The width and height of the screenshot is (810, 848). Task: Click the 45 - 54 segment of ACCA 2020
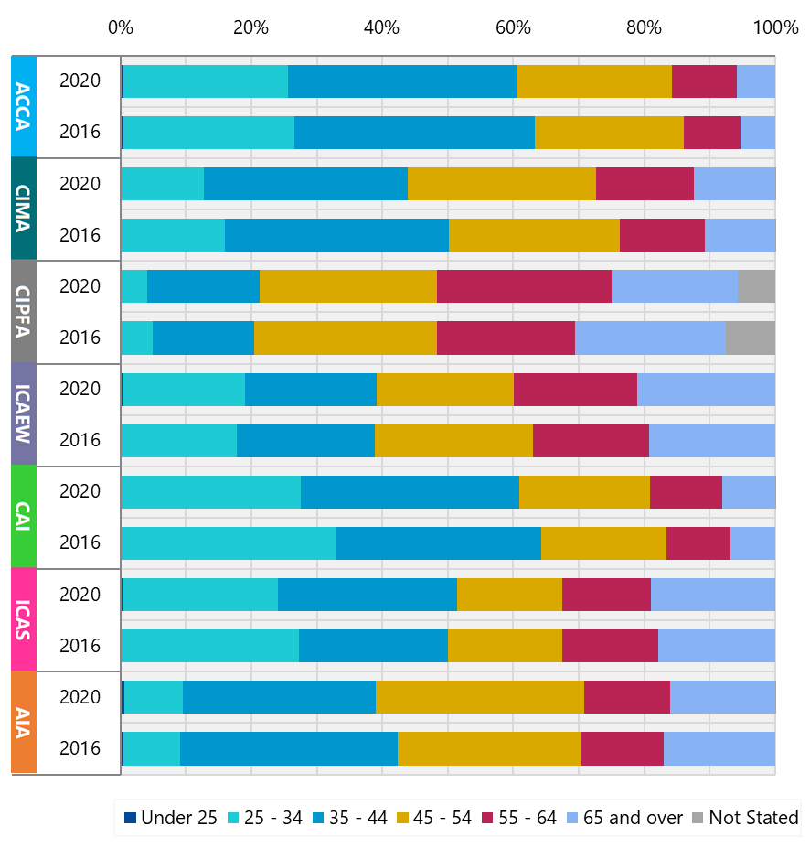point(594,81)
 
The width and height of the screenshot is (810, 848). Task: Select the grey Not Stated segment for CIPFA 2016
point(750,338)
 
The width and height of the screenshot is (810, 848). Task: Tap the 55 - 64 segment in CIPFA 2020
point(524,286)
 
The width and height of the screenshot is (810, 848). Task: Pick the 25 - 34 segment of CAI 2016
point(229,542)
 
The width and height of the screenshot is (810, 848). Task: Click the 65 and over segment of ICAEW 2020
point(706,389)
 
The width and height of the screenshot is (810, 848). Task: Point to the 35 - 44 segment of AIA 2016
point(289,748)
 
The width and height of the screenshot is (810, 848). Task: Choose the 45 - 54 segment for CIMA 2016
point(534,235)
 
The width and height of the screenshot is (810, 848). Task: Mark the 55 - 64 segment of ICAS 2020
point(606,595)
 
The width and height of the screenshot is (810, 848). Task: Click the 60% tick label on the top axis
point(513,27)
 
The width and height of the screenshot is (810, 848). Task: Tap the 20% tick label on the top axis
point(250,27)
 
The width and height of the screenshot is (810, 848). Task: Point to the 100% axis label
point(775,27)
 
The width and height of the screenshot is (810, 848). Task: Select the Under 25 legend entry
point(171,818)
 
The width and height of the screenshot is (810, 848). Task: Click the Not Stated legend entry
point(744,818)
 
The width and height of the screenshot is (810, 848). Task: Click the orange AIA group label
point(24,723)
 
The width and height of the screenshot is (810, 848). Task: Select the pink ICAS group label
point(24,619)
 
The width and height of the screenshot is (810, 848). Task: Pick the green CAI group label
point(24,517)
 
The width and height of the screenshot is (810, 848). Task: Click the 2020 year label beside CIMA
point(80,184)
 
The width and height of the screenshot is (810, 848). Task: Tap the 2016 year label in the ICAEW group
point(80,440)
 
